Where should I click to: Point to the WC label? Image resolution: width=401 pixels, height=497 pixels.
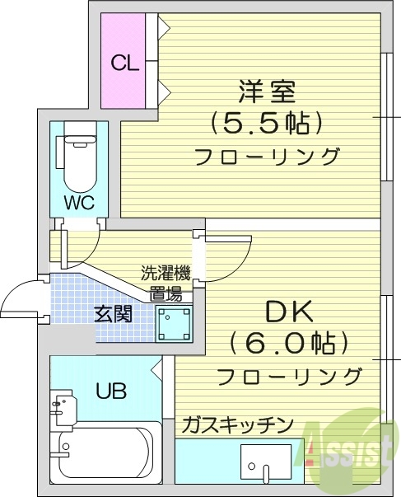point(78,202)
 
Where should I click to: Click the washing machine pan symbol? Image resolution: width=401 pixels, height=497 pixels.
point(174,323)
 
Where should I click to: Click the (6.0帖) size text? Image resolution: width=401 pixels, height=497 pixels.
point(288,343)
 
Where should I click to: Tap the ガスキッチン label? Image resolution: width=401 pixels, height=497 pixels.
point(237,424)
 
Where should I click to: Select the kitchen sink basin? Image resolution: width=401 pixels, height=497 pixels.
point(266,464)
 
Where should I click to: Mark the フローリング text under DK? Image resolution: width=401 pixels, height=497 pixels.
point(289,377)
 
